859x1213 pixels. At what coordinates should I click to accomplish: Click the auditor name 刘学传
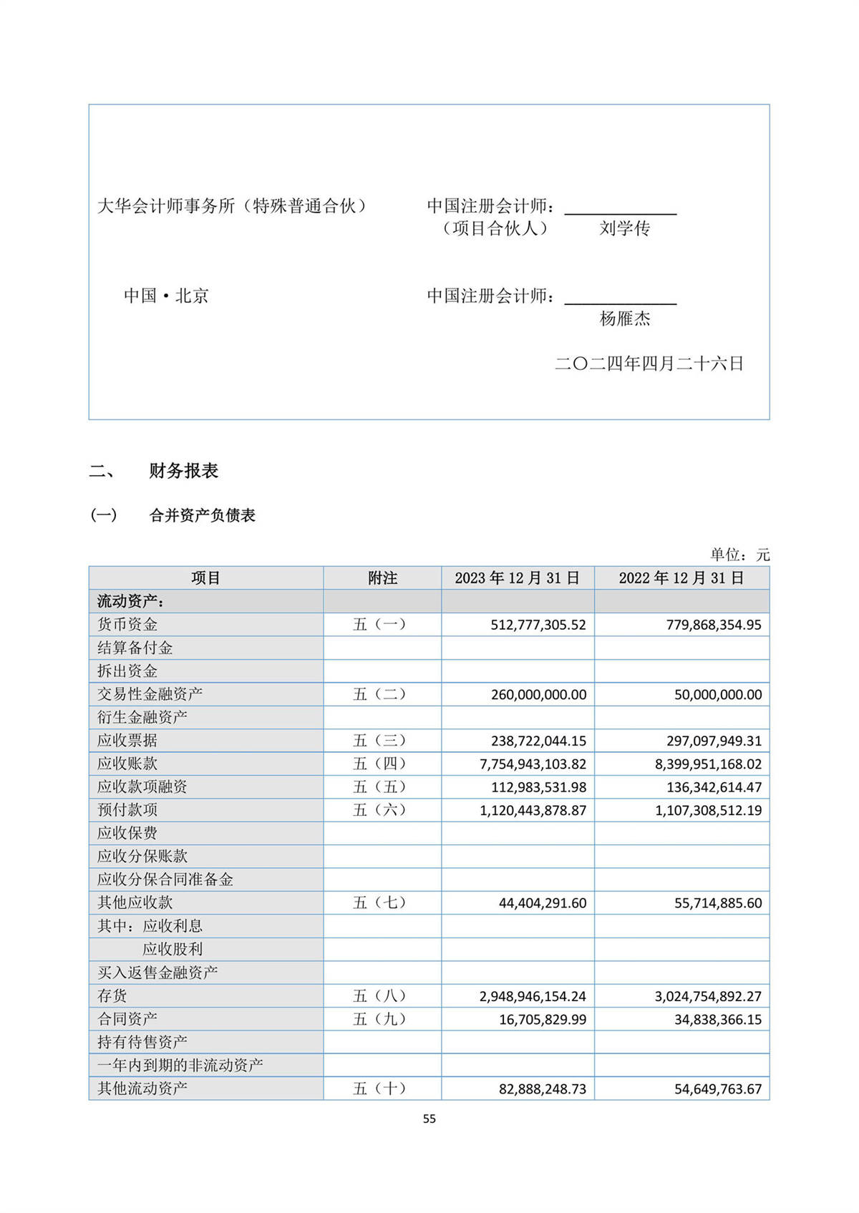624,228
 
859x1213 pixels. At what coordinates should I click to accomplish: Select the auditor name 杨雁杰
624,318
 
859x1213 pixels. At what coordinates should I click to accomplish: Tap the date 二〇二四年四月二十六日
649,364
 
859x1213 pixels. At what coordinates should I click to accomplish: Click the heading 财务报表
183,471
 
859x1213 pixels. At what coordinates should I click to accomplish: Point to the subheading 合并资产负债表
203,515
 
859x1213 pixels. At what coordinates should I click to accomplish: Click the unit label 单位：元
739,555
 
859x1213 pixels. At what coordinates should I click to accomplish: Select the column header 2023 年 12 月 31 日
517,578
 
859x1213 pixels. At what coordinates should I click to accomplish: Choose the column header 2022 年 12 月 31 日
681,578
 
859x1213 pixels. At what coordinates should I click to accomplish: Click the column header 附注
382,578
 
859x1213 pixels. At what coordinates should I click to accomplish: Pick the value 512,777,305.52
538,625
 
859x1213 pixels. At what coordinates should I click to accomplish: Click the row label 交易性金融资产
150,694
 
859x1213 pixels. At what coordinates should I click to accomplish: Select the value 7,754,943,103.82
533,764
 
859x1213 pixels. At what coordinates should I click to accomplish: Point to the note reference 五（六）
380,810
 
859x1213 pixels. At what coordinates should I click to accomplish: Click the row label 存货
112,995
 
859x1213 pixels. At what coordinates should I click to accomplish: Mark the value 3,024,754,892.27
708,996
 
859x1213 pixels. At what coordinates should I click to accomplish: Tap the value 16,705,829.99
543,1019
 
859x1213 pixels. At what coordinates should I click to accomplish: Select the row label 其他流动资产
142,1088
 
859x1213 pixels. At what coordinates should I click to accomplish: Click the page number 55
429,1119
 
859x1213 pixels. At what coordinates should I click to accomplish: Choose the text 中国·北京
166,296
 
